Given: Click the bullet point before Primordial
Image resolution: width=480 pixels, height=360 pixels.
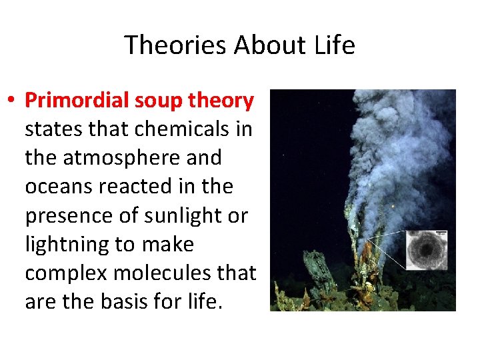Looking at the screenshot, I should click(13, 101).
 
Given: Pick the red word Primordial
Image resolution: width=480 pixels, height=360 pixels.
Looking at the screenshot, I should click(75, 101).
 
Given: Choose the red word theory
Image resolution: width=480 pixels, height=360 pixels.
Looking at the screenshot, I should click(221, 101).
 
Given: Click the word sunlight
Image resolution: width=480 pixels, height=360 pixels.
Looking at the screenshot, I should click(189, 216).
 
